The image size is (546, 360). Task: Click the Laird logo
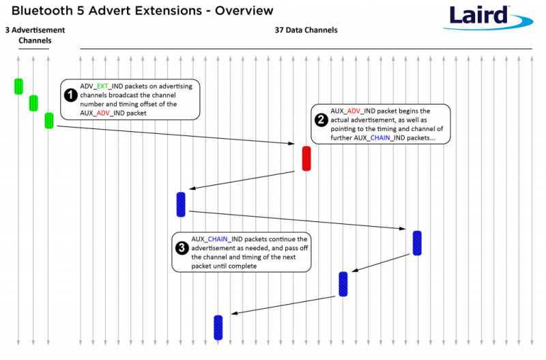(x=487, y=17)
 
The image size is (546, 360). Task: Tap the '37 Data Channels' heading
(x=306, y=30)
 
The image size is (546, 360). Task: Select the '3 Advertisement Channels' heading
(x=34, y=35)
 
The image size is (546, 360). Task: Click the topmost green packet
(x=18, y=86)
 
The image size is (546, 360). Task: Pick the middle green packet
(x=33, y=103)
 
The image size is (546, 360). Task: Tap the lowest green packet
(x=48, y=120)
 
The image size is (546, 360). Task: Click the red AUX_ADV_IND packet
(x=306, y=158)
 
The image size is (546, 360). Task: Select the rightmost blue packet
(x=417, y=243)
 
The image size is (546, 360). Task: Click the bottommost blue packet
(x=218, y=327)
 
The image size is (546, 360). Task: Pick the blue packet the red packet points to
(x=181, y=204)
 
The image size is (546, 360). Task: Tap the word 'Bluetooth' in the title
(x=45, y=11)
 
